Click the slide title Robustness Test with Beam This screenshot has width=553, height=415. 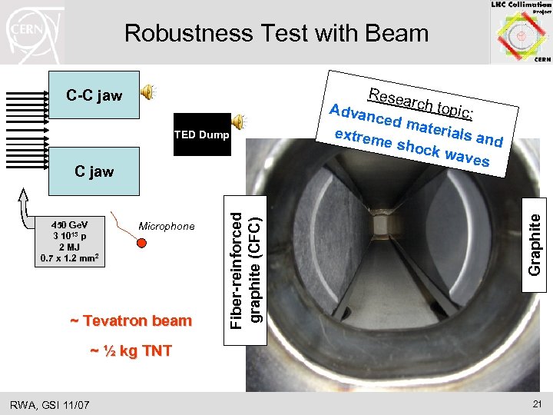pos(276,33)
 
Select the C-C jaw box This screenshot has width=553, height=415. pos(94,95)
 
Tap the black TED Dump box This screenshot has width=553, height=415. pos(202,134)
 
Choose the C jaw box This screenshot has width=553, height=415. pos(94,171)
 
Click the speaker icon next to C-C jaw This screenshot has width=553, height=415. pos(147,93)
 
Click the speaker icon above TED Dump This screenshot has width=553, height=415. pos(239,121)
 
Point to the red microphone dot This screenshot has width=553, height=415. pos(141,243)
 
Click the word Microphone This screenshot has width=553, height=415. pos(167,226)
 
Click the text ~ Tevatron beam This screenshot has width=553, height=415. pos(131,320)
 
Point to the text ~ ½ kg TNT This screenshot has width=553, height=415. pos(131,351)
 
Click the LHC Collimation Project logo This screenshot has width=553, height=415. pos(521,32)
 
